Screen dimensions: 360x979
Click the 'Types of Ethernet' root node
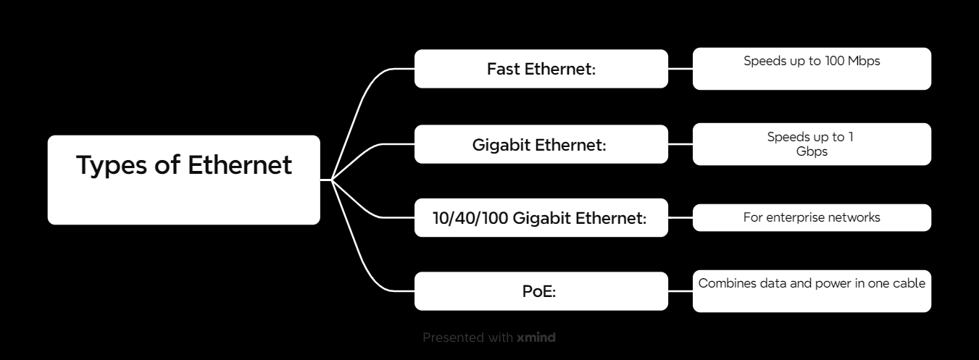183,180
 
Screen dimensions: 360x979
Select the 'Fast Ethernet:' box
541,69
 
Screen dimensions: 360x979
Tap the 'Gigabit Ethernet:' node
541,144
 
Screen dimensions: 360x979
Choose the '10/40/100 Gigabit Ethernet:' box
541,217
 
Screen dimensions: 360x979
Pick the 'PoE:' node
541,291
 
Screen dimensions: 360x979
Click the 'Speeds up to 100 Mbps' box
812,69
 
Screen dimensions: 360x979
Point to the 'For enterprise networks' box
812,217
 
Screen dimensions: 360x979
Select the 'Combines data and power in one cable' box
812,291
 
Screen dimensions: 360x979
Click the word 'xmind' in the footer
536,338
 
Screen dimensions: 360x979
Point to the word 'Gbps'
812,151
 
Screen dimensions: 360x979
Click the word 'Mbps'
865,62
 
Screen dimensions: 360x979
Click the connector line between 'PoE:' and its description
680,291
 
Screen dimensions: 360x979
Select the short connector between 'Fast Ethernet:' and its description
680,69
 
